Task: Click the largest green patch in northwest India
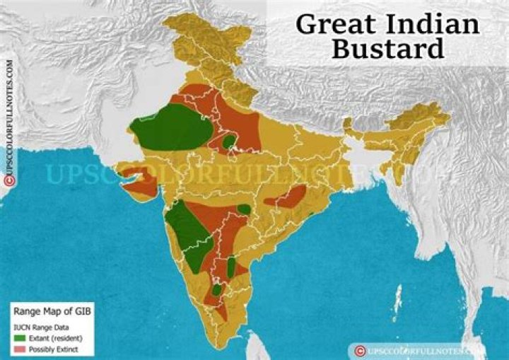coord(170,127)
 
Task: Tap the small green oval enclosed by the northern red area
coord(228,142)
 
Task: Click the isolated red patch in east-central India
coord(286,197)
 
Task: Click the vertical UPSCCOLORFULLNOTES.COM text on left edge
coord(10,113)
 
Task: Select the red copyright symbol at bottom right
coord(361,350)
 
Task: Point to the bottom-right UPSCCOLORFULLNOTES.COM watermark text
coord(424,350)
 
